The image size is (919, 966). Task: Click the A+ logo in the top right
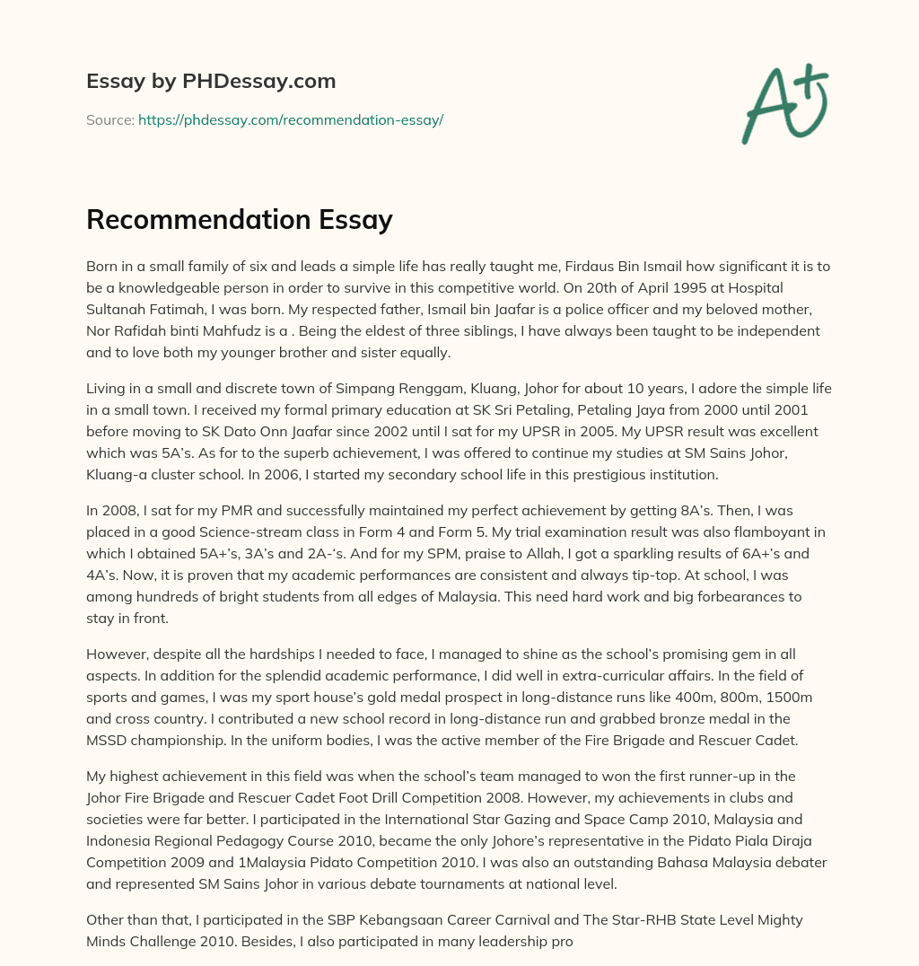783,104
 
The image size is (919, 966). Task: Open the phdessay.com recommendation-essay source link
291,119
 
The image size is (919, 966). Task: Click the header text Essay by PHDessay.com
211,81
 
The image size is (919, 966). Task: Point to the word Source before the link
109,119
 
